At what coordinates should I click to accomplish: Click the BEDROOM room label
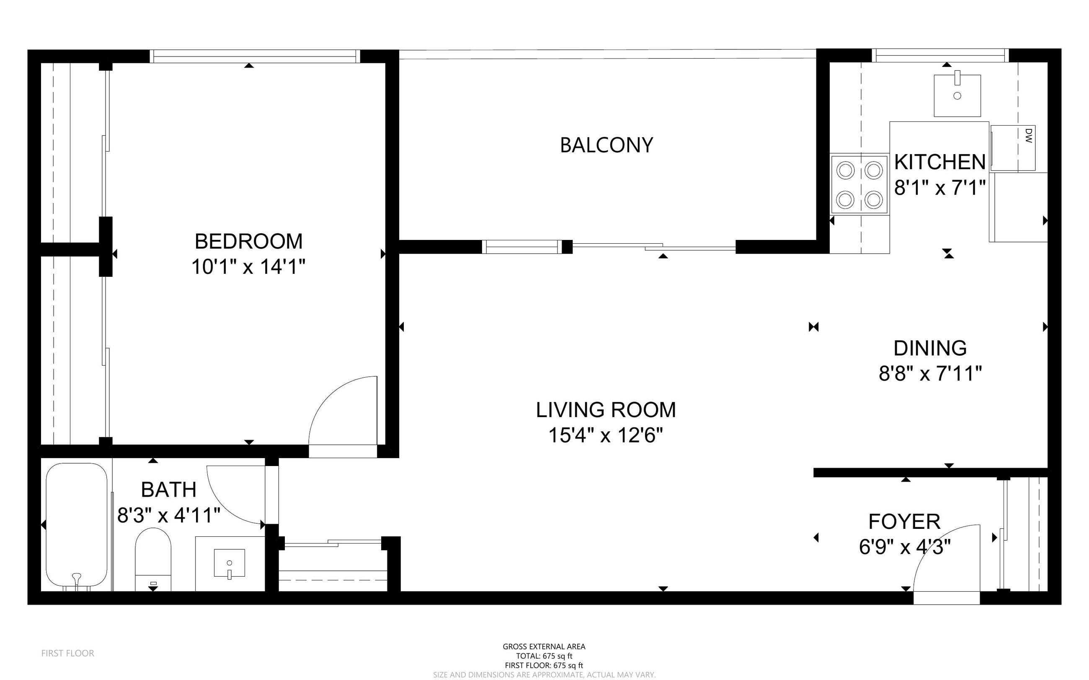click(248, 242)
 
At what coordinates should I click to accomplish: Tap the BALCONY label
click(606, 145)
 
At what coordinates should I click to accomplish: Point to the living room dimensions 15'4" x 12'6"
click(606, 435)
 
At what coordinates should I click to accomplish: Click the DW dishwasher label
click(1028, 135)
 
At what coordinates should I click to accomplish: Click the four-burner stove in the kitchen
click(859, 184)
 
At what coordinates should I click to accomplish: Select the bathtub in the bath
click(77, 526)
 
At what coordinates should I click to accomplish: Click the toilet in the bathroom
click(153, 559)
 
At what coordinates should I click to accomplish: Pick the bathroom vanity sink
click(230, 563)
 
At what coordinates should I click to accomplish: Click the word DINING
click(930, 348)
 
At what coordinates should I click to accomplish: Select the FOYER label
click(904, 522)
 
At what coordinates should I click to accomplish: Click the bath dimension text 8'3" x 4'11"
click(169, 515)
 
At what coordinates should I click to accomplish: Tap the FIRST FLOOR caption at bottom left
click(67, 653)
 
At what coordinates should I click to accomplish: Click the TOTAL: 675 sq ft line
click(544, 656)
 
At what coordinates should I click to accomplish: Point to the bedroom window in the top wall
click(255, 56)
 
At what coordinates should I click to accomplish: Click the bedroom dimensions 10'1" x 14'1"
click(248, 267)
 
